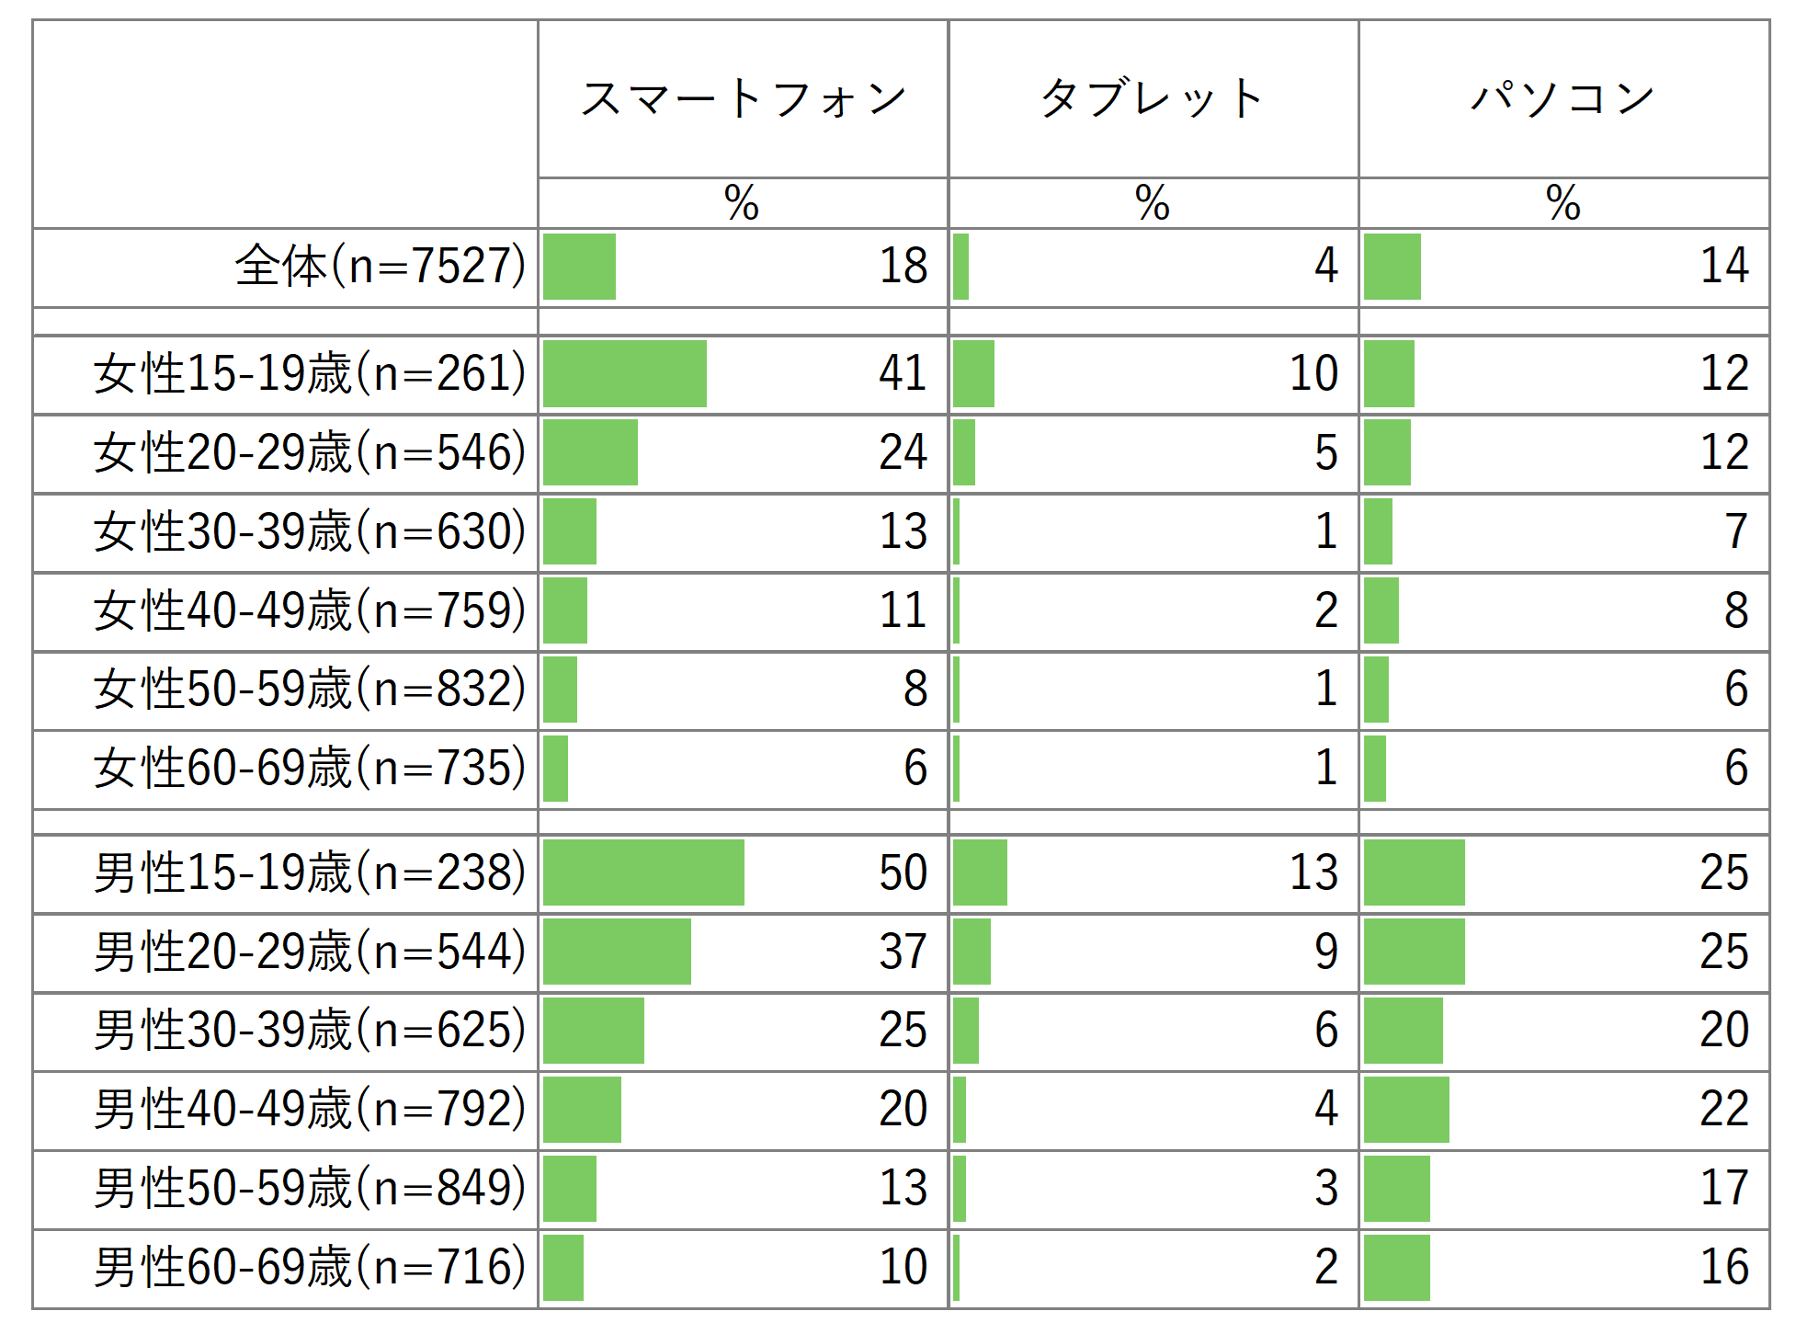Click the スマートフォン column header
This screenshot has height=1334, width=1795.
743,99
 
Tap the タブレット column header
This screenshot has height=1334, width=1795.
1153,99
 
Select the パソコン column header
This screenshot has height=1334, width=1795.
1563,99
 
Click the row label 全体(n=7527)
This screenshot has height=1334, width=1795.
381,267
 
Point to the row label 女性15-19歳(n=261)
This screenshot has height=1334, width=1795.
310,374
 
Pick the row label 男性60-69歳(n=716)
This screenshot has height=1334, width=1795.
310,1267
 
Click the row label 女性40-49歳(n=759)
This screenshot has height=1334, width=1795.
310,610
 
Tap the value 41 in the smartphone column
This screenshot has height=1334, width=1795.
903,374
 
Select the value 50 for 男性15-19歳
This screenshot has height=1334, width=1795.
903,872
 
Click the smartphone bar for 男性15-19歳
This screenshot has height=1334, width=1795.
643,872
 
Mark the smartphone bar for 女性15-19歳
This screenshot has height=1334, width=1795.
625,374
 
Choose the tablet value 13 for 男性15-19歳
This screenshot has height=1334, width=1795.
1313,872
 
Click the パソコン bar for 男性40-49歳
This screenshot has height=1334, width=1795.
1406,1109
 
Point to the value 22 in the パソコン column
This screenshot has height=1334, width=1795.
1723,1109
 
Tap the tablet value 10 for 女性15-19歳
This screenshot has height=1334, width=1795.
1313,374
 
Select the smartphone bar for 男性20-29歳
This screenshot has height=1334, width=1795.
617,952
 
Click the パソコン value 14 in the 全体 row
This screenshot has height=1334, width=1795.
1723,267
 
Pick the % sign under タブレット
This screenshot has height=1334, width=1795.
1152,203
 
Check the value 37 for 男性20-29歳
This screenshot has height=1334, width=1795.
903,952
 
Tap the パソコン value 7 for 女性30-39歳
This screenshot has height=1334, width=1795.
1735,531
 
